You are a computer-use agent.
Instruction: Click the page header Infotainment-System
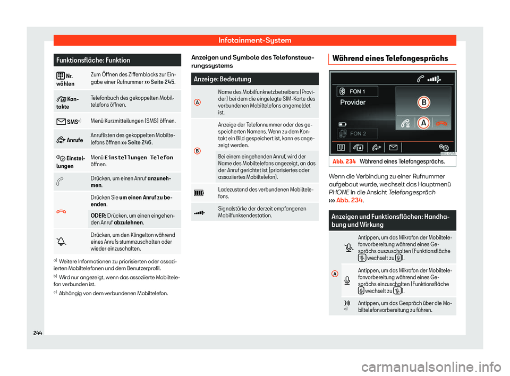coord(254,40)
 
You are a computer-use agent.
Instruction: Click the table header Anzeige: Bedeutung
coord(223,79)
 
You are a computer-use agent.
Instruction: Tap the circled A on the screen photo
coord(423,122)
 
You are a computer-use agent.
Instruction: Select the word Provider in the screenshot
coord(353,102)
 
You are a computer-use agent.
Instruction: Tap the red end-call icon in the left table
coord(63,211)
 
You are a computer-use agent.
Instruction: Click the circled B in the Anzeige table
coord(198,151)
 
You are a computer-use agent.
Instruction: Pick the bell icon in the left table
coord(63,242)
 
